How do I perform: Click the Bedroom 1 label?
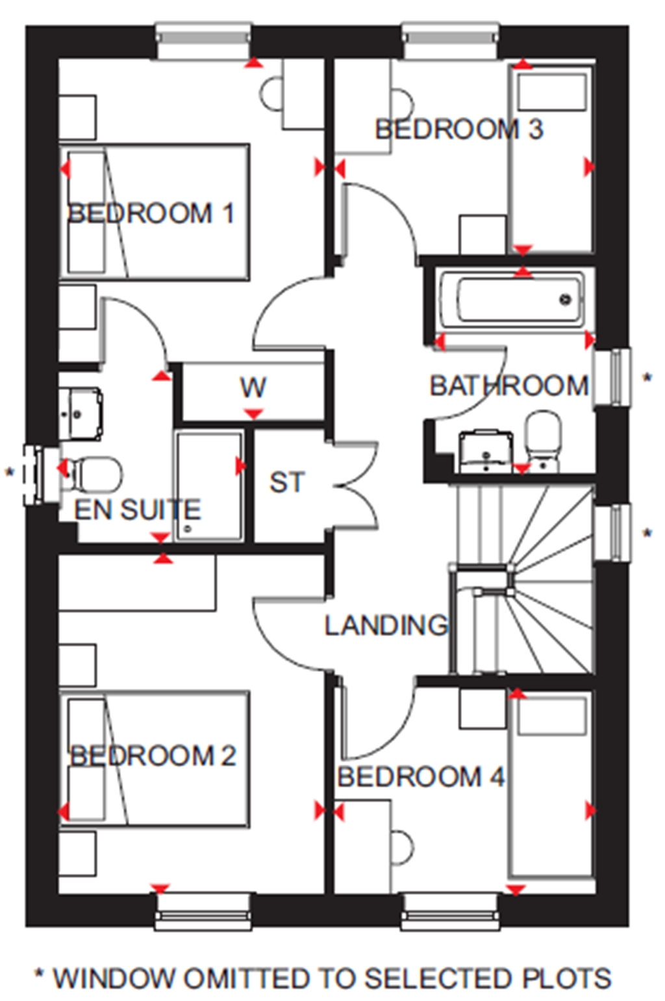151,214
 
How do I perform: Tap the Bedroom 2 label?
153,756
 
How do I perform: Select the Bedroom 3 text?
458,129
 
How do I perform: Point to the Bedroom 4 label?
421,777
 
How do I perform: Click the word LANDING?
386,625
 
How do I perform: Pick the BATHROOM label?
509,386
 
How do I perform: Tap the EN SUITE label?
138,510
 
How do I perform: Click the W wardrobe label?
253,388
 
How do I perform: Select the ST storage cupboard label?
287,483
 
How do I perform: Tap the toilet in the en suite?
94,473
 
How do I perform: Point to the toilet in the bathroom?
542,438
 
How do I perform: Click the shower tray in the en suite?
209,485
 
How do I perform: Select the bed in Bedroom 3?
551,159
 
